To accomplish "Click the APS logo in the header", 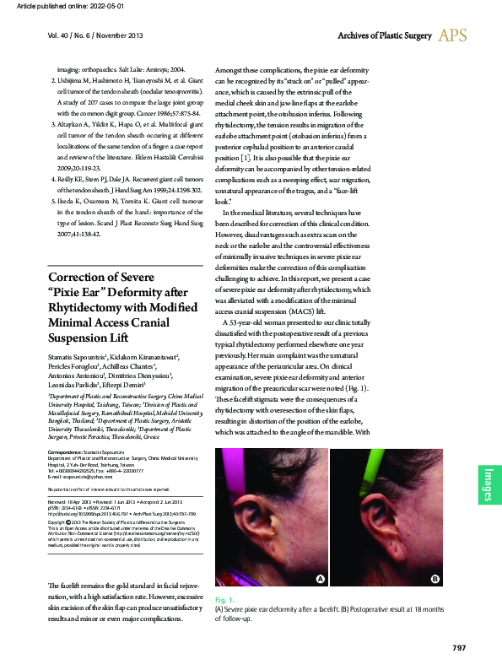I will (x=452, y=35).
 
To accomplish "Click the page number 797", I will (x=458, y=647).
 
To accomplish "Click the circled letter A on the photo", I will (x=320, y=578).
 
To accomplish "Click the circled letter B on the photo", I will (x=435, y=578).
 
